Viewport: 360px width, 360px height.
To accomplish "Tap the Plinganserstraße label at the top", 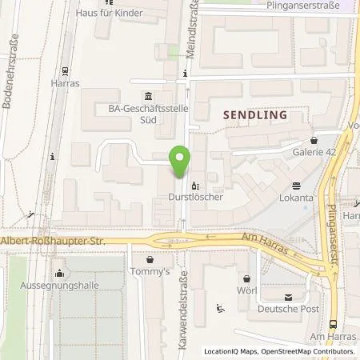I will coord(310,6).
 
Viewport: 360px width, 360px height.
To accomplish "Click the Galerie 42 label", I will coord(318,151).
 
